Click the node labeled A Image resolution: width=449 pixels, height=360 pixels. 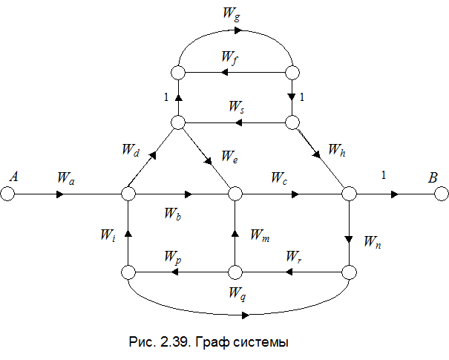[7, 194]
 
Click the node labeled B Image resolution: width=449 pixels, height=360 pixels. [442, 194]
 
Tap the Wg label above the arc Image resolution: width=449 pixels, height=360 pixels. [232, 14]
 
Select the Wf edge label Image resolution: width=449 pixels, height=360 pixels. [230, 58]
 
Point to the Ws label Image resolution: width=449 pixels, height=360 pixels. [237, 107]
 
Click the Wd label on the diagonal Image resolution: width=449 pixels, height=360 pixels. [131, 150]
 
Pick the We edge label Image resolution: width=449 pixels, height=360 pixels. [229, 157]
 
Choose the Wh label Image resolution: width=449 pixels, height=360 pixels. [337, 150]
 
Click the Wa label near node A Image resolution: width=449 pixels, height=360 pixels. [66, 178]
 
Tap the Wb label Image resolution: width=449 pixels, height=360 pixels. [173, 214]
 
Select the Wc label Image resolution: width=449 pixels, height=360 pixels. [279, 178]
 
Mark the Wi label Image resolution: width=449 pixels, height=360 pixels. [108, 235]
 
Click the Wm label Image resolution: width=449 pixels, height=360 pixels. [260, 235]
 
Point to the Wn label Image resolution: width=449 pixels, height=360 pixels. [373, 242]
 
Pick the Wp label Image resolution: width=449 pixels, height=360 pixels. [173, 257]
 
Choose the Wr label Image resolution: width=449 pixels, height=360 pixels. [294, 256]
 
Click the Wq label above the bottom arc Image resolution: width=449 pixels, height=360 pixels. [237, 293]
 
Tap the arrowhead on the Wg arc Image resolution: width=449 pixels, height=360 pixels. [238, 30]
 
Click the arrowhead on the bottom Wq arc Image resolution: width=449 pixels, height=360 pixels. [246, 315]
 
